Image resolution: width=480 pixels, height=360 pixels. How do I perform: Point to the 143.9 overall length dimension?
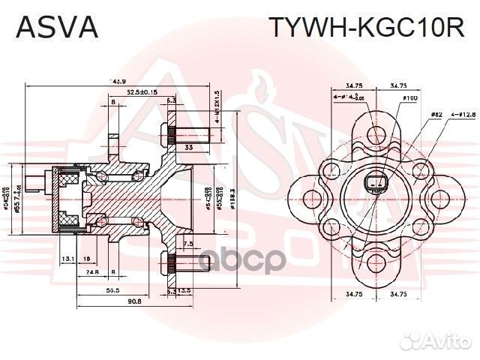tap(117, 81)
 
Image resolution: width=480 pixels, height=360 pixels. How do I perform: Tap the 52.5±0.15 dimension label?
tap(142, 91)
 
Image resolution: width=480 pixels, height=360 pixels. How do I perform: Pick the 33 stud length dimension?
tap(188, 148)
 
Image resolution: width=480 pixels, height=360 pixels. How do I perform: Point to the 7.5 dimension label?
tap(188, 244)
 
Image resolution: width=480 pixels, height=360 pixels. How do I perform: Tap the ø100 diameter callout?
tap(409, 98)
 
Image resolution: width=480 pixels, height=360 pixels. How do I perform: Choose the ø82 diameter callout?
tap(436, 115)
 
